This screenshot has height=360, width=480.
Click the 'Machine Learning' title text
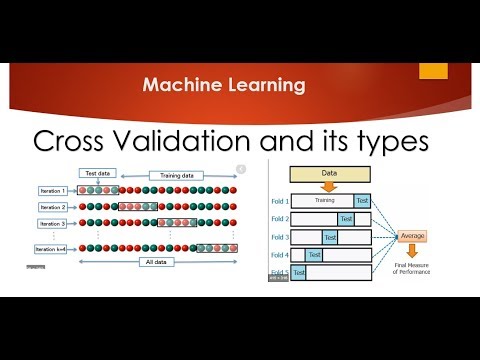[223, 86]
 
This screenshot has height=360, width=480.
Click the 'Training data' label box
[176, 175]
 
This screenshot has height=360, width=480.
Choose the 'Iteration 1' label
[51, 190]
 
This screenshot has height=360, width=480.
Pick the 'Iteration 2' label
[51, 207]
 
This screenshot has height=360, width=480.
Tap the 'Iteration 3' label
[51, 224]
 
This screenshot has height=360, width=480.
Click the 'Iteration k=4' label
[51, 248]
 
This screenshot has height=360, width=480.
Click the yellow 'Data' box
[330, 172]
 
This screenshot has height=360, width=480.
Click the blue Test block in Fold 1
[362, 200]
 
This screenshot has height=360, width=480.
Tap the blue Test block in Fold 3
[330, 237]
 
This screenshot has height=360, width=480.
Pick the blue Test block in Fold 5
[298, 272]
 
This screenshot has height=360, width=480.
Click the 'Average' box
[413, 237]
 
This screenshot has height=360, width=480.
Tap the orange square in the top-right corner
[433, 72]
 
